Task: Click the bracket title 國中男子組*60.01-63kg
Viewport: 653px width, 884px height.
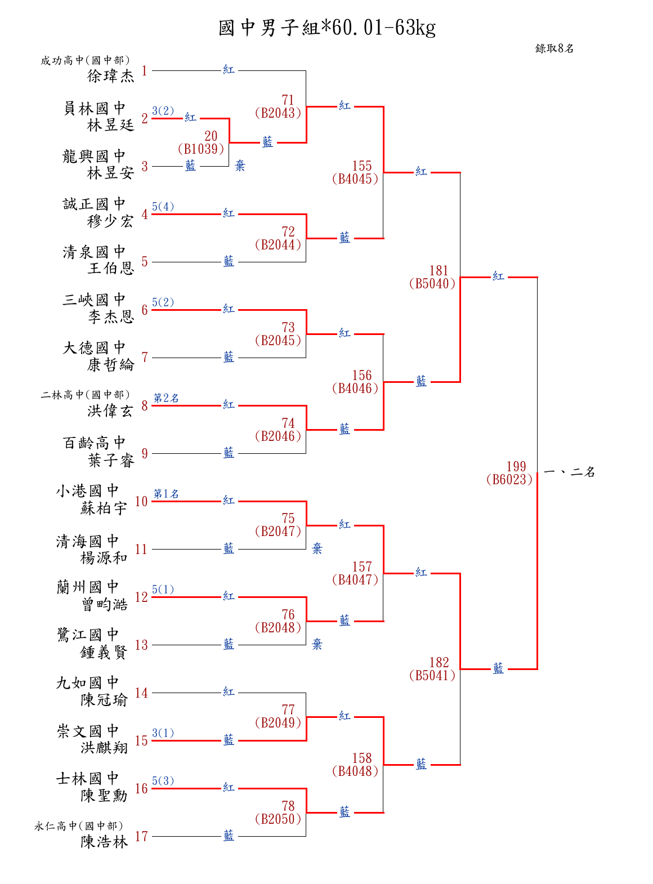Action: [x=327, y=28]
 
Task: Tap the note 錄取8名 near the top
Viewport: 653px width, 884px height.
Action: [x=554, y=48]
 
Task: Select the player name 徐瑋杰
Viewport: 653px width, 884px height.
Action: [x=111, y=76]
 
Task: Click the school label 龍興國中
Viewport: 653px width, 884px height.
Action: [x=94, y=156]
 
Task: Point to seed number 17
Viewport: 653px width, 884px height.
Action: [x=141, y=836]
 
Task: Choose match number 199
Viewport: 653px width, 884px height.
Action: [x=516, y=466]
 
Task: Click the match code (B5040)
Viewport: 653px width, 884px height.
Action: [x=432, y=284]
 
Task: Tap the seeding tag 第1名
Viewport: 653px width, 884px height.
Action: [x=166, y=494]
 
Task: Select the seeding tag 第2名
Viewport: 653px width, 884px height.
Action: [x=166, y=398]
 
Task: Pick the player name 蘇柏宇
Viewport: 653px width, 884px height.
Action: [x=104, y=508]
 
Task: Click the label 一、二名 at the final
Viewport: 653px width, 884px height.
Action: [x=570, y=472]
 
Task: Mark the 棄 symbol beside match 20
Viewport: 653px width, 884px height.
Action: [x=240, y=166]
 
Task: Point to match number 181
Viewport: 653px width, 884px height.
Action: [x=439, y=271]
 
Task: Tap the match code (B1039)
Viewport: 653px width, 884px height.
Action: [x=201, y=149]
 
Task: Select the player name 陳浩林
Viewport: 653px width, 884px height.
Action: [x=104, y=842]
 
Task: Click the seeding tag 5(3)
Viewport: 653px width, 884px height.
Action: [x=163, y=781]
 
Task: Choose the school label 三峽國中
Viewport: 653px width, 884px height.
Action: [x=94, y=300]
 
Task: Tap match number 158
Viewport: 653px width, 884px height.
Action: [x=362, y=758]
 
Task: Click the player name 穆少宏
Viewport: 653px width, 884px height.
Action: [x=111, y=221]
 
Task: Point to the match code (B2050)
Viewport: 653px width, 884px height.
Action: [x=278, y=819]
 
